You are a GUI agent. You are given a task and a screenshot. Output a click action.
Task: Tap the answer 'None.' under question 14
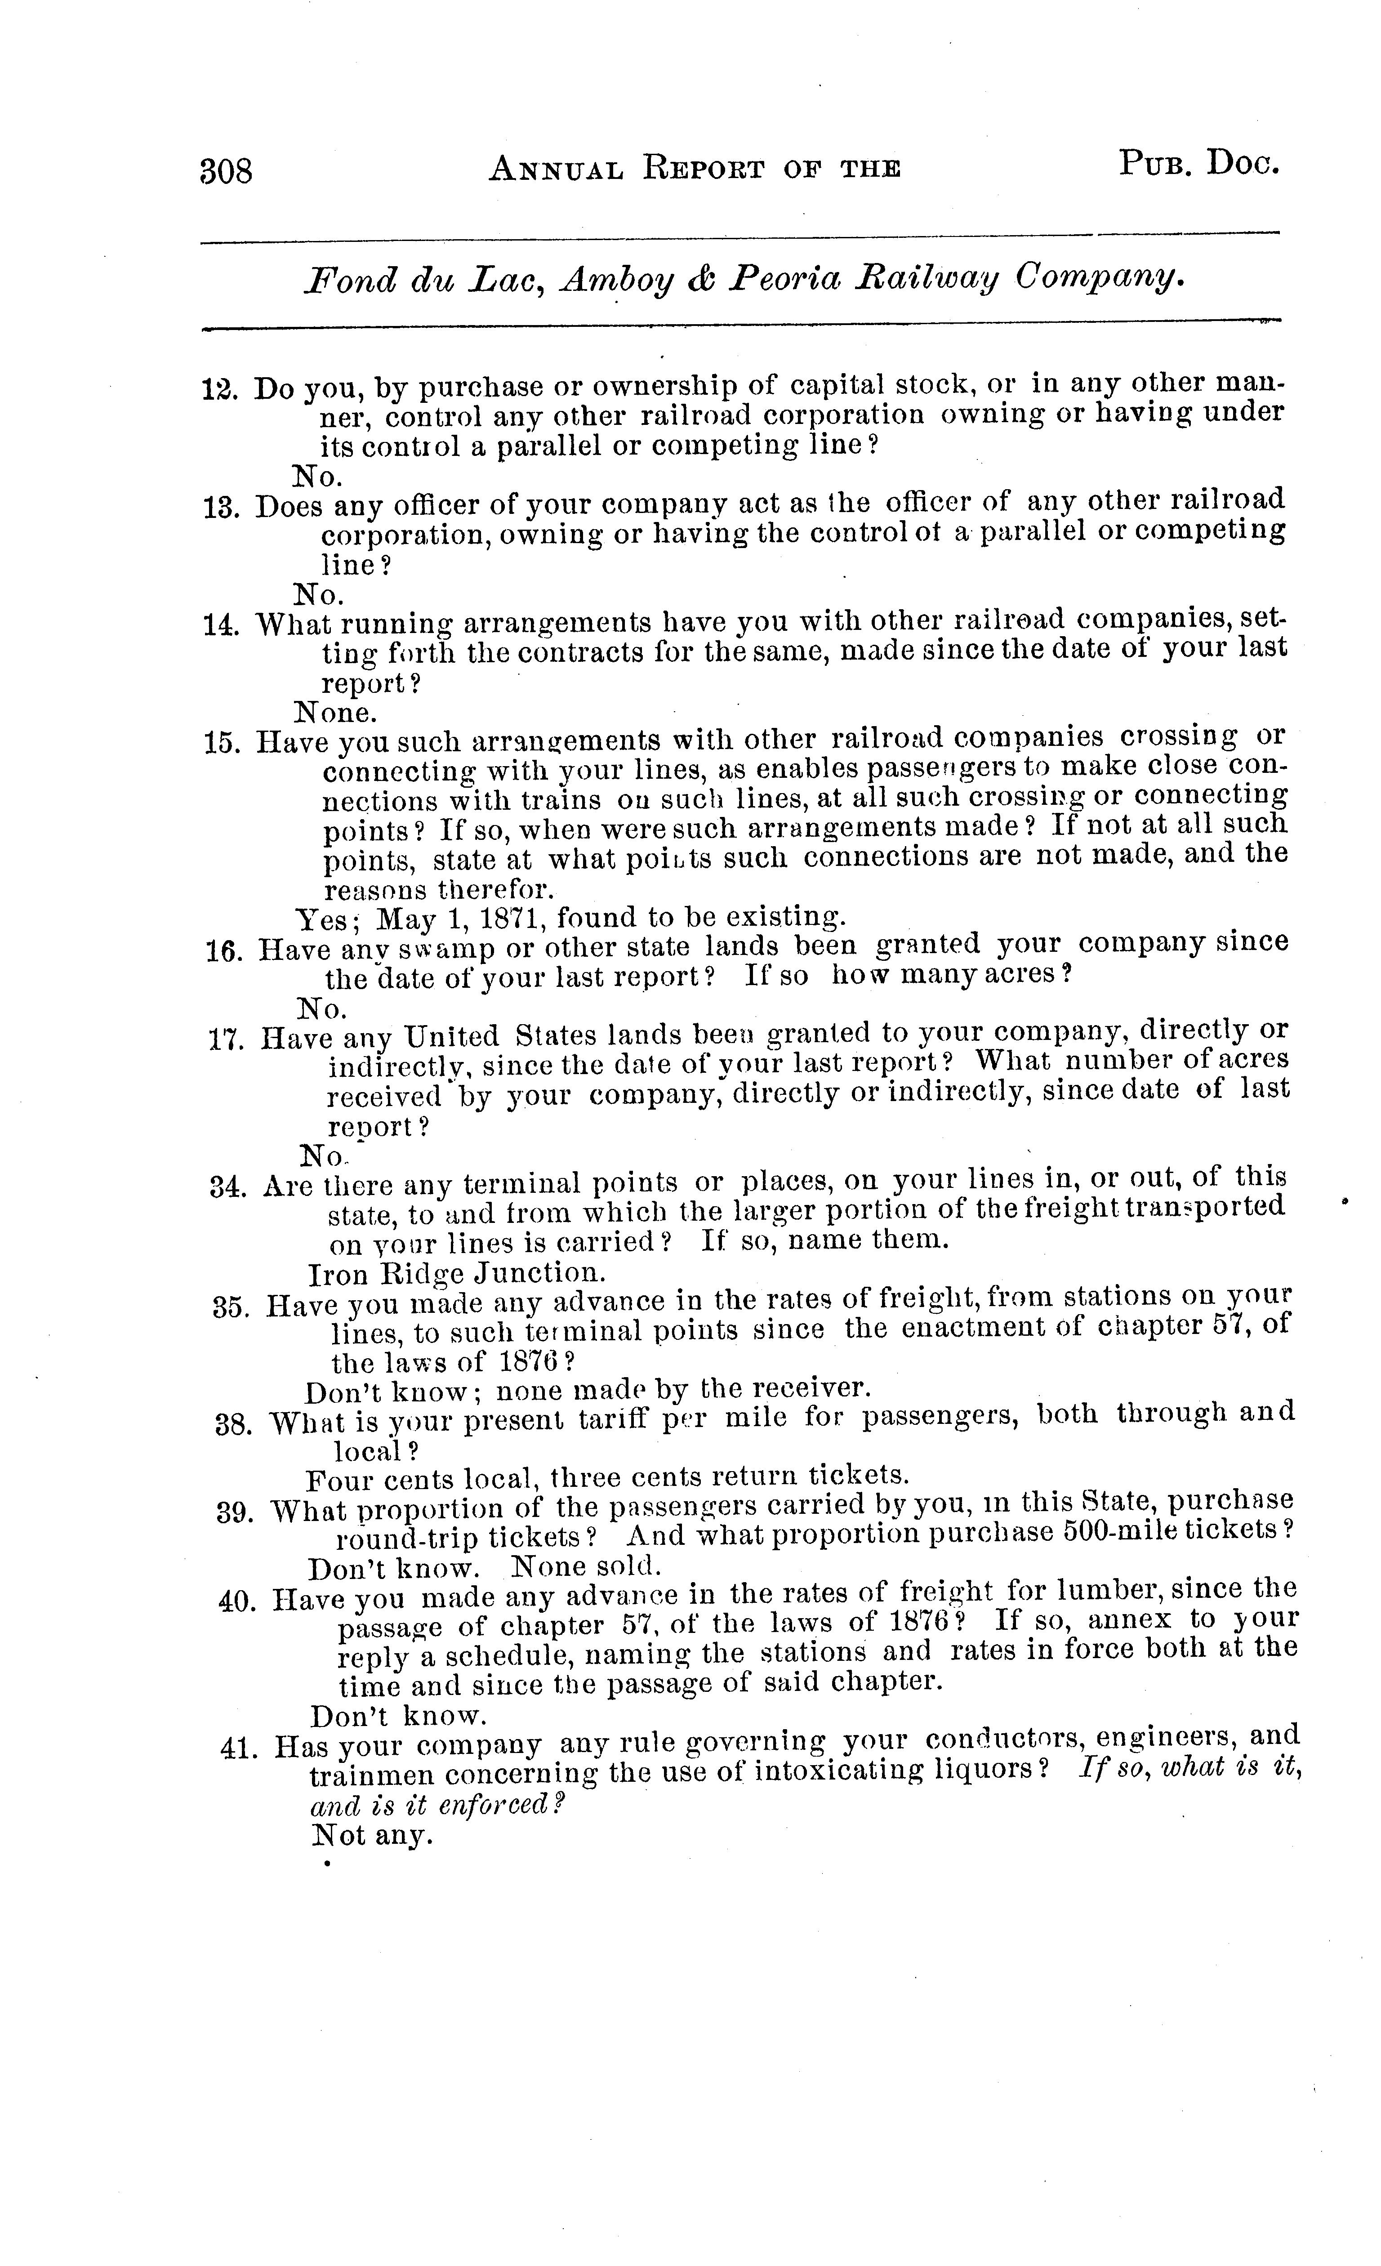point(336,713)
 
